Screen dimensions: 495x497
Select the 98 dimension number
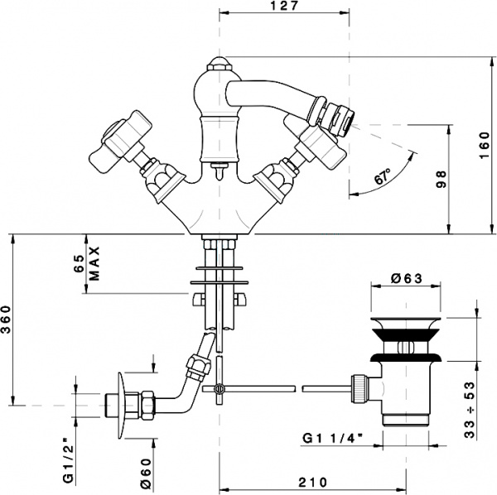coord(442,180)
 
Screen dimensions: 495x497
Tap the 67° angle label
coord(382,177)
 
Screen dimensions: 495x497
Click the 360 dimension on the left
coord(7,318)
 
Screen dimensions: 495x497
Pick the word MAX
coord(95,264)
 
